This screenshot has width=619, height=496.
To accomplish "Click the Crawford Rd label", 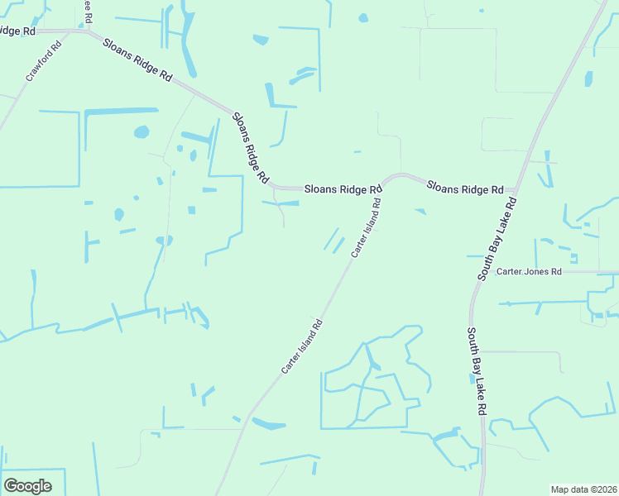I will click(44, 61).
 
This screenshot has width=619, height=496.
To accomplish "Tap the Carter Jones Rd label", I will click(529, 272).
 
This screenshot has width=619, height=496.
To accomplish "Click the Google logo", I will click(27, 486).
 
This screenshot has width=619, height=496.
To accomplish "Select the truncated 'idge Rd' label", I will click(17, 31).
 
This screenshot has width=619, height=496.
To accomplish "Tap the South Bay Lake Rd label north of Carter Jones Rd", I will click(497, 238).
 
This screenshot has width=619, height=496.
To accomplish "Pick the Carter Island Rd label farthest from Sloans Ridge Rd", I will click(300, 345).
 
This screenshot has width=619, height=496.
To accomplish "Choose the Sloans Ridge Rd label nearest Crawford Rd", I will click(137, 58).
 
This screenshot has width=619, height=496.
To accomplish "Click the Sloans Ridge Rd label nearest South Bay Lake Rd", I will click(465, 188).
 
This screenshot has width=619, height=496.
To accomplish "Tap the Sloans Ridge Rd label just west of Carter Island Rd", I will click(342, 189).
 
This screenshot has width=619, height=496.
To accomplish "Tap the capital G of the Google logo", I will click(11, 486).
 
